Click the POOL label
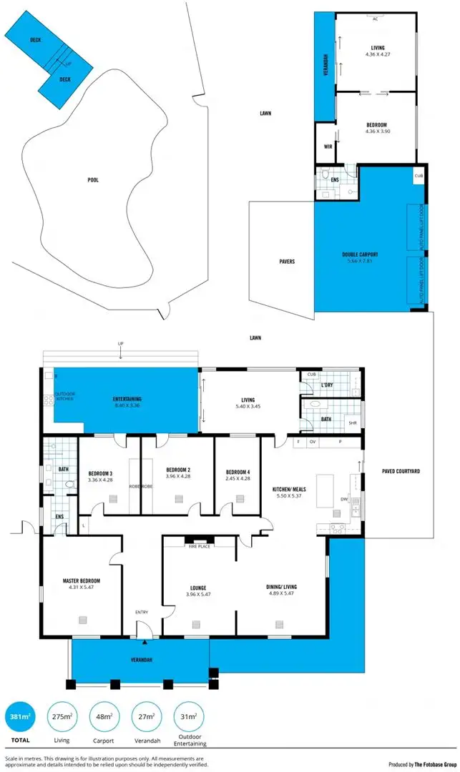[x=92, y=180]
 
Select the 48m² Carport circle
[x=104, y=717]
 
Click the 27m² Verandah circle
[x=146, y=717]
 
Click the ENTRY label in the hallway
[x=142, y=612]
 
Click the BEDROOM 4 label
[x=238, y=472]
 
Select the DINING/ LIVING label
[x=282, y=587]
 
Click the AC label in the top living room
[x=376, y=19]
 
